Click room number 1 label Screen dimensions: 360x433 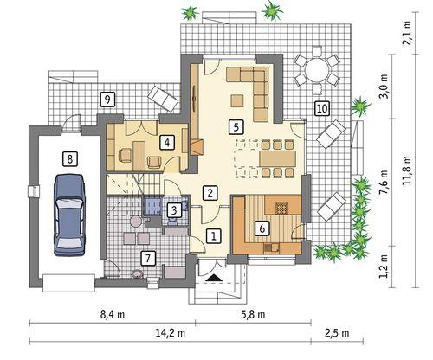(x=214, y=235)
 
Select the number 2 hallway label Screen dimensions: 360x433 (x=210, y=193)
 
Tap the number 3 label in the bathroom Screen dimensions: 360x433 (x=174, y=209)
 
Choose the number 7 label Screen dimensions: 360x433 (x=148, y=257)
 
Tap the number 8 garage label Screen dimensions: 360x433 (x=68, y=158)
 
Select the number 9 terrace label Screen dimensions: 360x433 (x=107, y=98)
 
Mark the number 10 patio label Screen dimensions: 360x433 (x=321, y=108)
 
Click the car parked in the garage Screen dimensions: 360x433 (x=69, y=214)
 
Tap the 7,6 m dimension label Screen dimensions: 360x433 (x=385, y=183)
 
